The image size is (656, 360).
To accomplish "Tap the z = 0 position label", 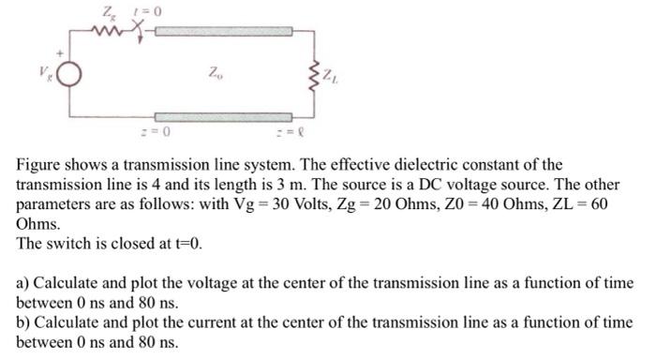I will coord(161,130).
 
